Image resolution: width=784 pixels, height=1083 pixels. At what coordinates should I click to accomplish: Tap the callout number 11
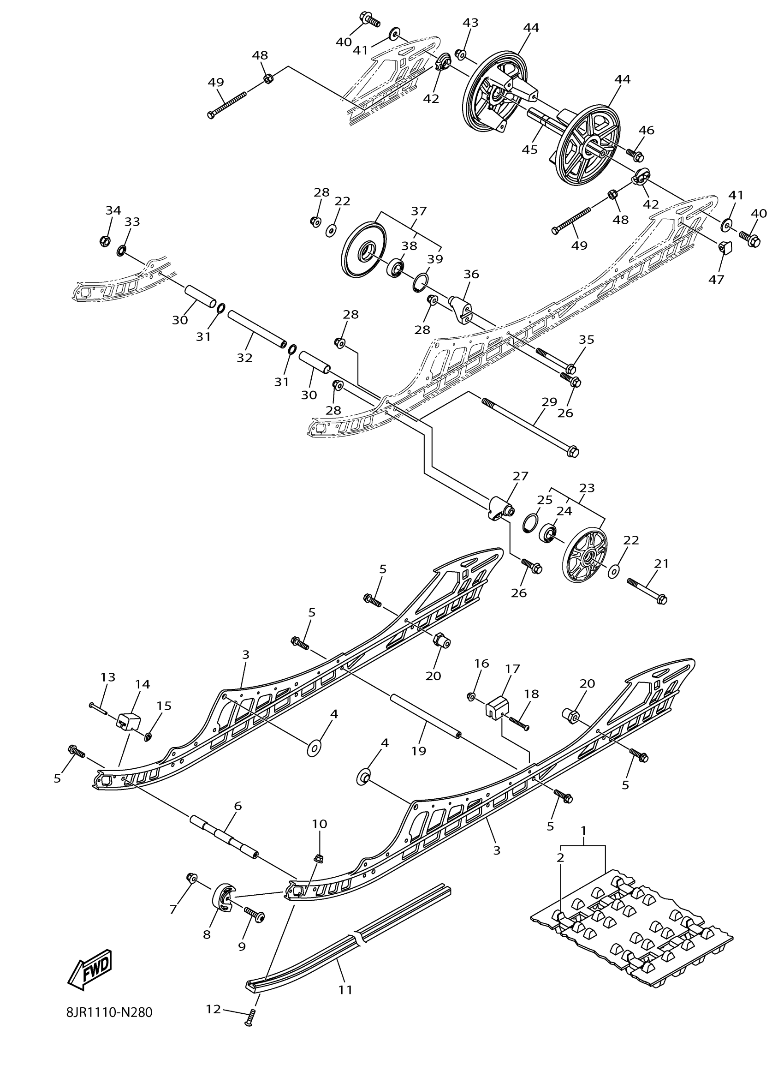pos(345,989)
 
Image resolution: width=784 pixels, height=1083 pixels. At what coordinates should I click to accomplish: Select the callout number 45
pos(530,149)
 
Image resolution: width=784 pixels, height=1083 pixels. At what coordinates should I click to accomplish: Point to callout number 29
pos(549,401)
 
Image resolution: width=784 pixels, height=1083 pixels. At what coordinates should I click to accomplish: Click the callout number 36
pos(471,274)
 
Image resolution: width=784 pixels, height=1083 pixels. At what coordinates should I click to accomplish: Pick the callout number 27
pos(521,476)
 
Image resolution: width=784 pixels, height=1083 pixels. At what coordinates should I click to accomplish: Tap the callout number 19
pos(418,751)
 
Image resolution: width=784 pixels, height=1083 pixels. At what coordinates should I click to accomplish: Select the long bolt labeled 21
pos(647,590)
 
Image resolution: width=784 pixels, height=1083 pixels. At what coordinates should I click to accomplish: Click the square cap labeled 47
pos(726,247)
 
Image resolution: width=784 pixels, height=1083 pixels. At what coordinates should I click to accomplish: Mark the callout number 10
pos(320,824)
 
